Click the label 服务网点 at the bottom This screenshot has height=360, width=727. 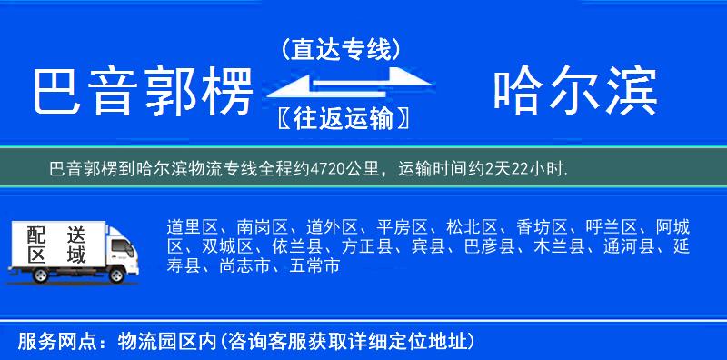[50, 342]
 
